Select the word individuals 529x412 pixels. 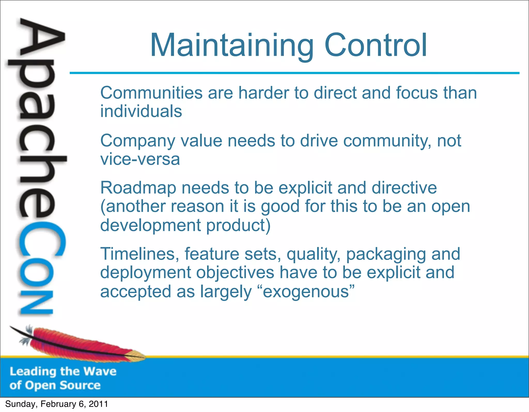pyautogui.click(x=141, y=111)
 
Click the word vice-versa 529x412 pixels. pyautogui.click(x=140, y=159)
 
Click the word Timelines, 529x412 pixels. pyautogui.click(x=139, y=254)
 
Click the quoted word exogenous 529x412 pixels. pyautogui.click(x=306, y=291)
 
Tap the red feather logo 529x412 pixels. pyautogui.click(x=77, y=344)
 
